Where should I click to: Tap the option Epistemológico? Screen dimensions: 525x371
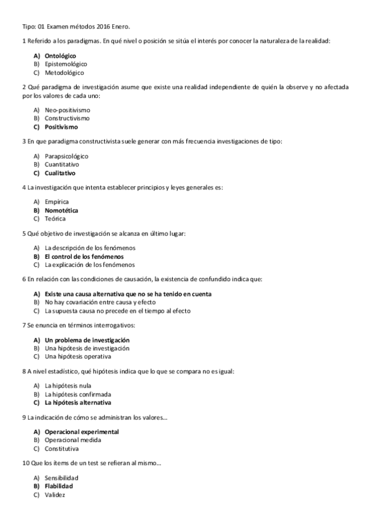pos(66,64)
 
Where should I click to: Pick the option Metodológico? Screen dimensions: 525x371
pos(64,72)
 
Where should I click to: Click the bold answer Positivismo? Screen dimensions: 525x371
pos(61,126)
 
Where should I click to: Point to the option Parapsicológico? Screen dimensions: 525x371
pos(66,156)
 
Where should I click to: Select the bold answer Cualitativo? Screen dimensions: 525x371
pos(60,173)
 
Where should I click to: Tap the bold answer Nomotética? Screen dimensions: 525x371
pos(61,210)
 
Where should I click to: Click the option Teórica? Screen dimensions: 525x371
pos(55,219)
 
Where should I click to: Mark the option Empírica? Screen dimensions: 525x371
pos(57,202)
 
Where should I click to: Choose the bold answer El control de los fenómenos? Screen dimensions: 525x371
pos(84,256)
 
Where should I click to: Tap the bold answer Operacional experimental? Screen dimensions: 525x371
pos(82,432)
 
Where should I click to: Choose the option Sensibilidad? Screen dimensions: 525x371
pos(61,477)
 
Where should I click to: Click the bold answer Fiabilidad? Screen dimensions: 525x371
pos(59,486)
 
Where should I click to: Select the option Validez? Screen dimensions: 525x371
pos(55,494)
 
